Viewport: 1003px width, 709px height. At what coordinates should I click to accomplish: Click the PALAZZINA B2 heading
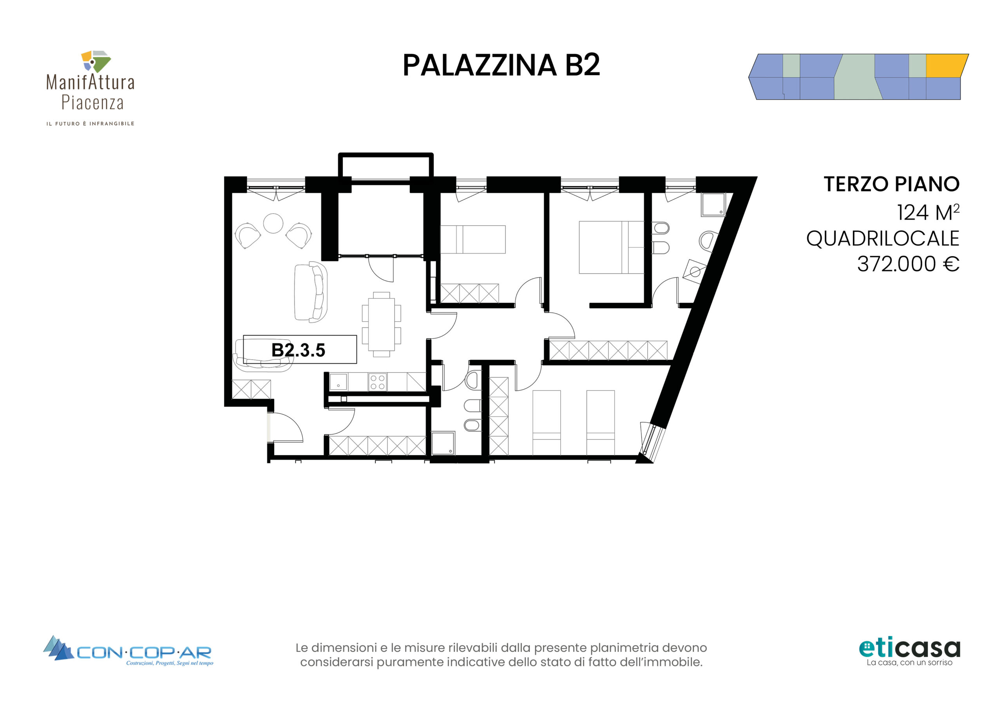tap(501, 65)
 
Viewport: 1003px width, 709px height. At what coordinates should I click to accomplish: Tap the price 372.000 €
tap(908, 264)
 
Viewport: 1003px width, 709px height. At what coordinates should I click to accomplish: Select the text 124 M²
tap(928, 212)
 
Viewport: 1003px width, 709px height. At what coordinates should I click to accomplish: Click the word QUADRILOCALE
tap(882, 239)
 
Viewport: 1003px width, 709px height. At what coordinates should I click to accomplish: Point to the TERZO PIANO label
tap(891, 184)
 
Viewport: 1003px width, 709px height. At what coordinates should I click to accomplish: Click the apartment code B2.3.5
tap(299, 350)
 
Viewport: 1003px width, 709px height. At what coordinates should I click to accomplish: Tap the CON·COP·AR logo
tap(128, 651)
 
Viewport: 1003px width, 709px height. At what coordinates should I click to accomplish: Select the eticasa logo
tap(909, 652)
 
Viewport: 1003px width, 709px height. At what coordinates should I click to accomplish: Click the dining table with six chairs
tap(381, 325)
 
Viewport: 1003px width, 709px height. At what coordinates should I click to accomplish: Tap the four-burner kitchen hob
tap(377, 382)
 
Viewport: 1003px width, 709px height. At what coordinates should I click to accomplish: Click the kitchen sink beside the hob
tap(338, 382)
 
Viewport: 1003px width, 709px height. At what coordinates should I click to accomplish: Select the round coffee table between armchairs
tap(273, 223)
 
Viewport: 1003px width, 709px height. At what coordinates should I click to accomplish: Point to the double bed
tap(612, 247)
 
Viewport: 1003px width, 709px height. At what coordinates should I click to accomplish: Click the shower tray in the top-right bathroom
tap(713, 205)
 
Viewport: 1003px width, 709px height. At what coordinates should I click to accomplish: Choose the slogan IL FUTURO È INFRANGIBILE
tap(91, 124)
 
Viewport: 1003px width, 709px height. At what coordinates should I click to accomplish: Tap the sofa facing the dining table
tap(311, 292)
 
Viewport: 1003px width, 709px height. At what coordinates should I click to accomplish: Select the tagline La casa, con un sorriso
tap(909, 663)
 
